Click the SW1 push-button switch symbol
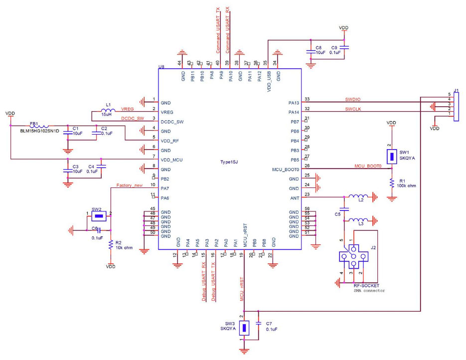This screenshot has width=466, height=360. pos(392,157)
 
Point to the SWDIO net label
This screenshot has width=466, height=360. pos(353,99)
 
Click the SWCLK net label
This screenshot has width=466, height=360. pos(353,109)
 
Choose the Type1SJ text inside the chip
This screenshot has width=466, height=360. pos(230,162)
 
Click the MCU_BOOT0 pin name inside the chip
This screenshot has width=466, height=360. pos(286,170)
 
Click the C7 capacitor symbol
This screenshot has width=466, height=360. pos(258,324)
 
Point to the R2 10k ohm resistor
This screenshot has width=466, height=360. pos(110,244)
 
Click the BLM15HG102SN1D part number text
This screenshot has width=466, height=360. pos(39,131)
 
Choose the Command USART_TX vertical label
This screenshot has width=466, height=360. pos(218,30)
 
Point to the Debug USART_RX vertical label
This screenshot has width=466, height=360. pos(203,282)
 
